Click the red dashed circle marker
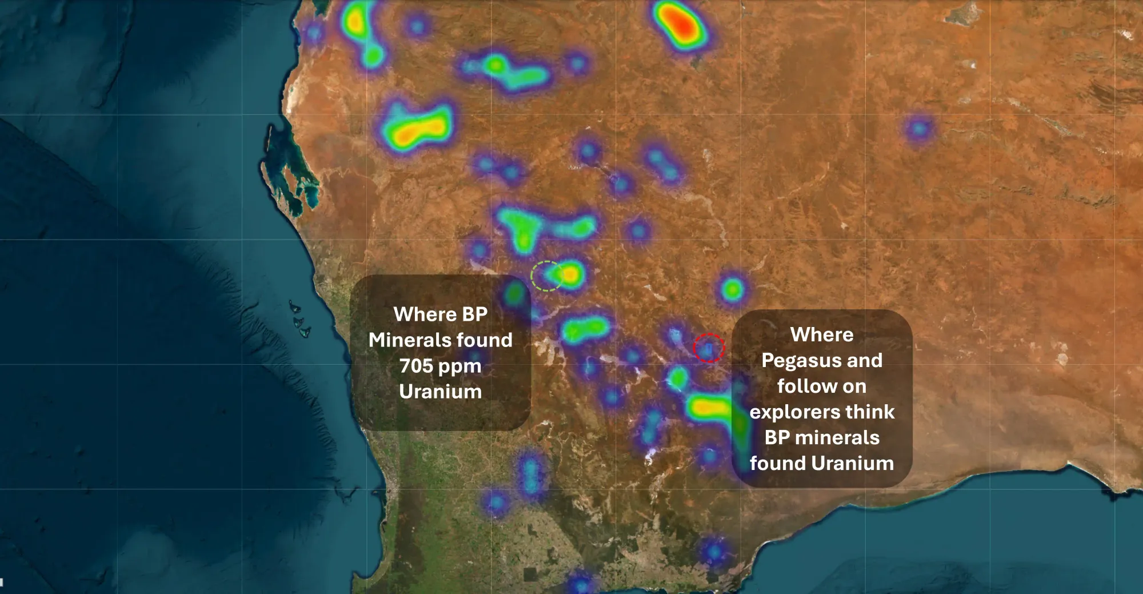click(709, 348)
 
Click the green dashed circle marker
click(547, 276)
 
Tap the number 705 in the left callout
click(416, 366)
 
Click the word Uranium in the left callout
click(440, 392)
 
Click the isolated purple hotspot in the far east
click(918, 129)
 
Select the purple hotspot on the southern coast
click(713, 552)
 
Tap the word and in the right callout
click(865, 361)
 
